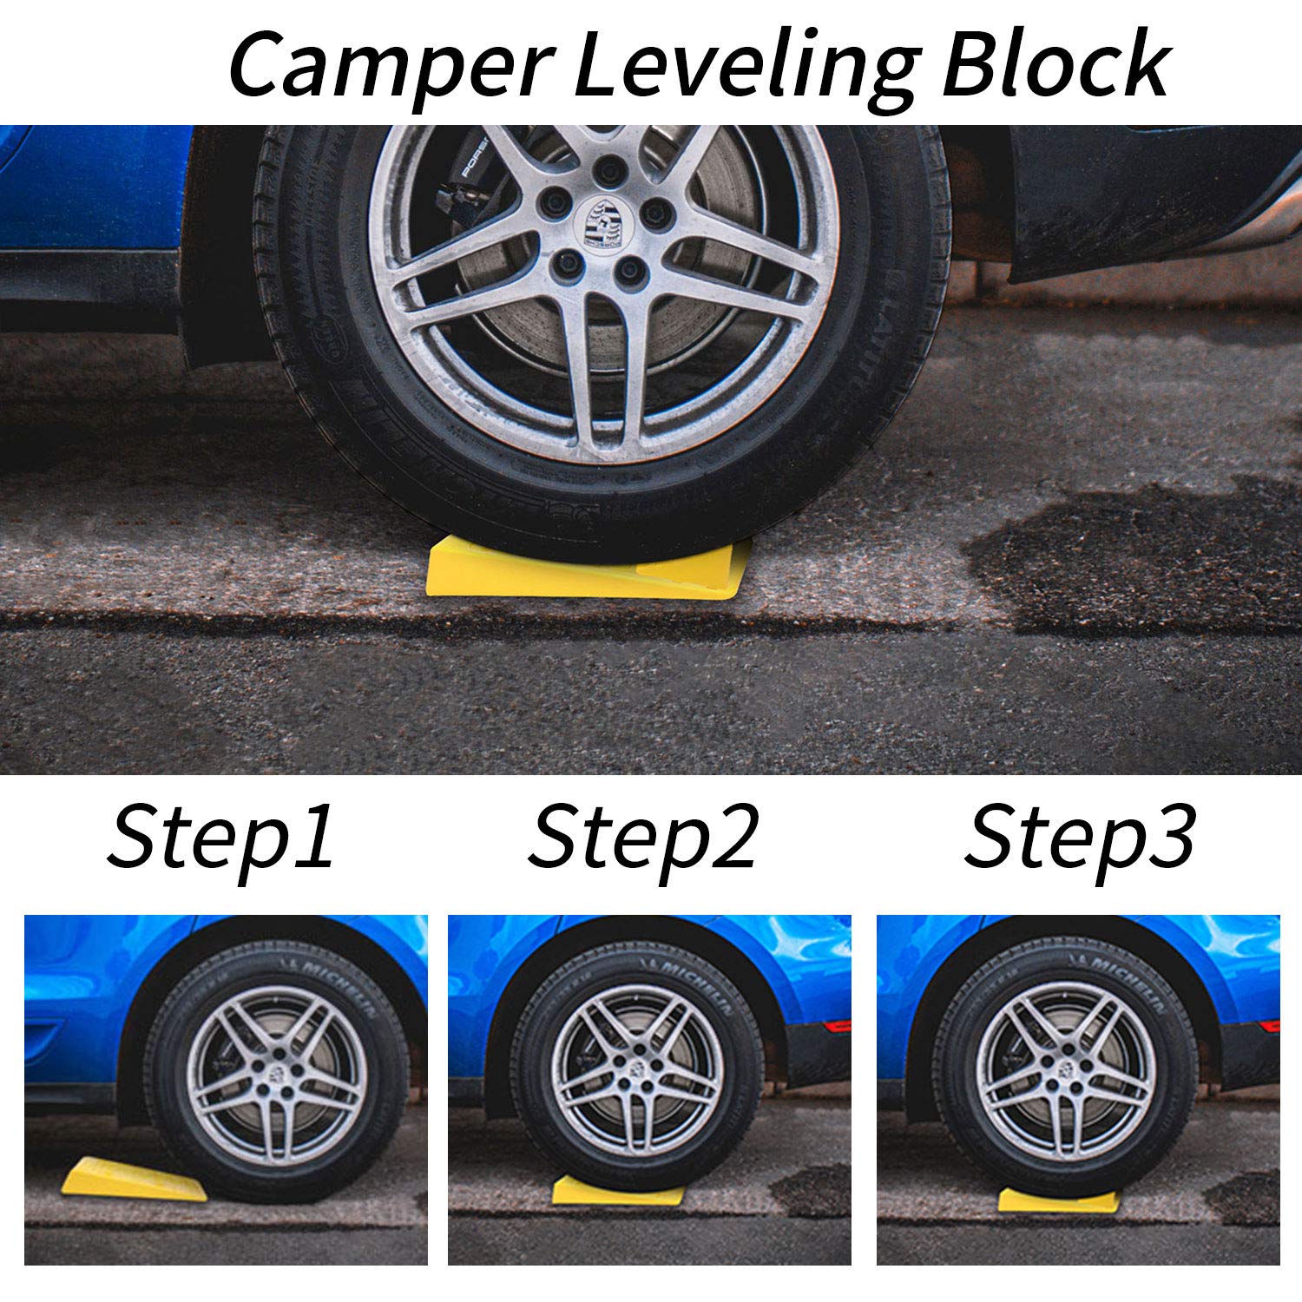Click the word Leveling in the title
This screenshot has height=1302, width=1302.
(x=746, y=65)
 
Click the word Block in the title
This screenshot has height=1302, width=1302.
(x=1055, y=65)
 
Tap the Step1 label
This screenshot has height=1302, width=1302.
(x=221, y=838)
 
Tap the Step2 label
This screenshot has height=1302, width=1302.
(x=643, y=838)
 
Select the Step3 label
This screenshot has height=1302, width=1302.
(x=1080, y=838)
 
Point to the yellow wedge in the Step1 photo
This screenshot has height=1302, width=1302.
(x=130, y=1180)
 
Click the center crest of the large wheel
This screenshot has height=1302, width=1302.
(x=602, y=222)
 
